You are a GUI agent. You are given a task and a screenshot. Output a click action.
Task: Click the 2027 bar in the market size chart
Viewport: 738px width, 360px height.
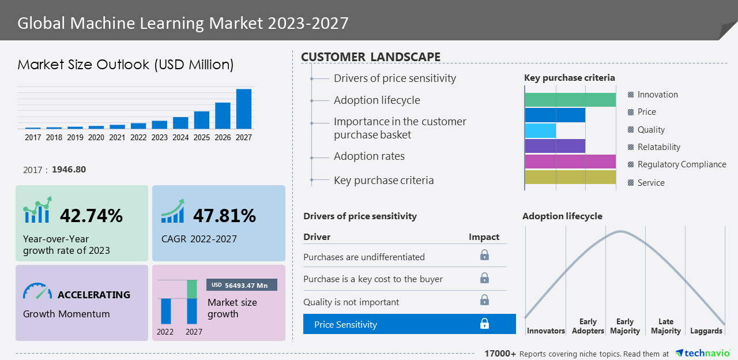point(244,108)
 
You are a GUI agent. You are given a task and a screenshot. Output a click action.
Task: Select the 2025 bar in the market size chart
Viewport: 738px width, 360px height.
point(201,120)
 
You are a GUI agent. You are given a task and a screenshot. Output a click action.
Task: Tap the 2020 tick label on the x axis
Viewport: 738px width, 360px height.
point(96,137)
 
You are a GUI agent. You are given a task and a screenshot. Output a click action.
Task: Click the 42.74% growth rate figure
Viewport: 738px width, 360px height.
point(91,216)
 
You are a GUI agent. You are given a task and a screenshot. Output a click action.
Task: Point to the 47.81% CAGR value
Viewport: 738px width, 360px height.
point(224,216)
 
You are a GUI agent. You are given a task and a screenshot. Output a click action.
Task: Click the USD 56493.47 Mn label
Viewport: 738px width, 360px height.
point(242,285)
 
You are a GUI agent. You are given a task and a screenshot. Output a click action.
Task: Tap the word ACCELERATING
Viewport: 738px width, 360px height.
point(94,295)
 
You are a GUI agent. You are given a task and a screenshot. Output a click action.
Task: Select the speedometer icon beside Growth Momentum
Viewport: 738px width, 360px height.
point(37,291)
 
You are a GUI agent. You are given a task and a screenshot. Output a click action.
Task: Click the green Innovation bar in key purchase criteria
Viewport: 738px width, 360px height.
point(570,99)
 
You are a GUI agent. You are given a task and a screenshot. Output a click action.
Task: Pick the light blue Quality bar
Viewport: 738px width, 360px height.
point(540,130)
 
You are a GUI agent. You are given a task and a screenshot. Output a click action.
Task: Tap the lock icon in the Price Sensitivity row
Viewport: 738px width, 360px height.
point(484,324)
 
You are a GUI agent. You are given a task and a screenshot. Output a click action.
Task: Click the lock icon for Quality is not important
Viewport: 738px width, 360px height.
point(484,300)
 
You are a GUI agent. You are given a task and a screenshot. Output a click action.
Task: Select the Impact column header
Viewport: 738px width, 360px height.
point(484,237)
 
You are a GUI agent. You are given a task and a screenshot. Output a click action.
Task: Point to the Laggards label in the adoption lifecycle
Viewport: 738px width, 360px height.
point(706,331)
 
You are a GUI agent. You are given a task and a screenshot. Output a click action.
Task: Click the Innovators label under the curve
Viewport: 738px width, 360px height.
point(545,331)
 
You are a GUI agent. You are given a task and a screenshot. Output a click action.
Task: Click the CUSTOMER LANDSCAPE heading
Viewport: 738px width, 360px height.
point(371,57)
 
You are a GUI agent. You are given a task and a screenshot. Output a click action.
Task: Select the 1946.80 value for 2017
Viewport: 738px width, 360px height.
point(69,170)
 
